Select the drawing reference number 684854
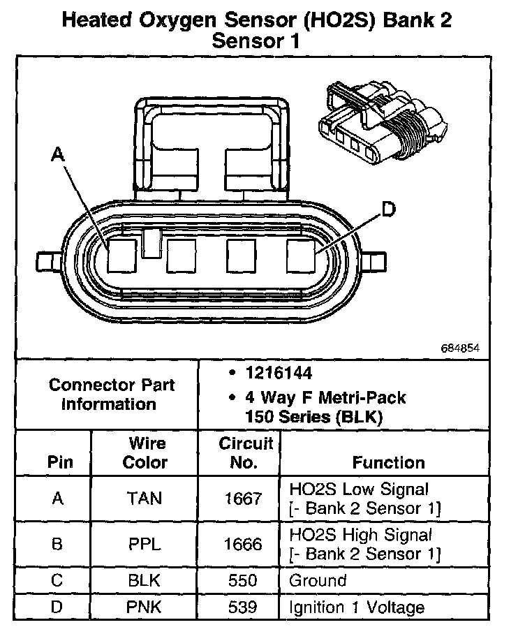coord(460,348)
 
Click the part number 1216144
coord(279,374)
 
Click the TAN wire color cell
coord(145,498)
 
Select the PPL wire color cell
coord(145,545)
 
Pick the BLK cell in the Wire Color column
coord(145,580)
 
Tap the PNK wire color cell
coord(145,607)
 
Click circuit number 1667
coord(243,498)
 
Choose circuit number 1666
coord(243,545)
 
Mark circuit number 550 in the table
coord(243,580)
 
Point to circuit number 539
coord(243,607)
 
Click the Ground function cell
coord(318,580)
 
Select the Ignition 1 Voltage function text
coord(357,607)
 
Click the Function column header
coord(388,462)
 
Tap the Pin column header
coord(59,462)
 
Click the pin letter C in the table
coord(58,580)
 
